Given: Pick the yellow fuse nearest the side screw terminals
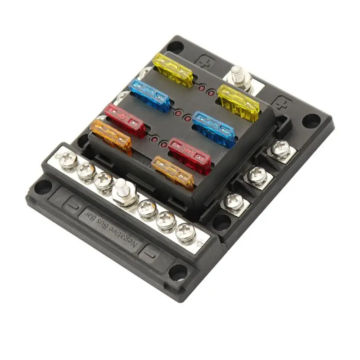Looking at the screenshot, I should (238, 103).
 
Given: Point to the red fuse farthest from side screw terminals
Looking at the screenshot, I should (125, 120).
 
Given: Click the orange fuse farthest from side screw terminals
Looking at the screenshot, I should (111, 137).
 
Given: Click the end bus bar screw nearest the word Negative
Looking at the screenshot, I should (185, 232).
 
